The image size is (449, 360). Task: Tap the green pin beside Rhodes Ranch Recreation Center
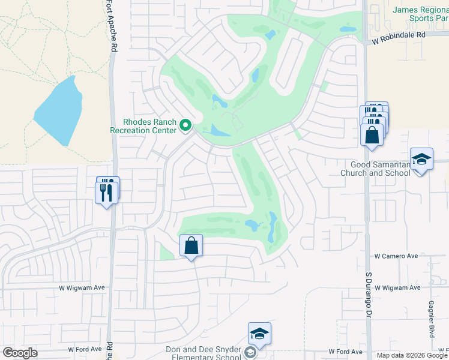tap(185, 125)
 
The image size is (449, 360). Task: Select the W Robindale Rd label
tap(398, 35)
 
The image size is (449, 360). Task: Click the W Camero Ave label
tap(396, 256)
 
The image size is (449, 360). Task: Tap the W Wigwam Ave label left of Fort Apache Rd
tap(82, 288)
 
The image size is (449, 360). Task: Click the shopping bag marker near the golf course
tap(191, 245)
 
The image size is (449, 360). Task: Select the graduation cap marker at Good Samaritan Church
tap(421, 159)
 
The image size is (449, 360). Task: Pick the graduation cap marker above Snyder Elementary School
tap(259, 334)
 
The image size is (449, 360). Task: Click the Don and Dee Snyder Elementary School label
tap(204, 353)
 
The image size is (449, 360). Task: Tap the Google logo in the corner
tap(20, 353)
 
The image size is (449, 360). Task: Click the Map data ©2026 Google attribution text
tap(411, 355)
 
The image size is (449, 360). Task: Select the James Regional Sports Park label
tap(422, 14)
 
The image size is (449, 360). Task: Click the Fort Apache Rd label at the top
tap(113, 27)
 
